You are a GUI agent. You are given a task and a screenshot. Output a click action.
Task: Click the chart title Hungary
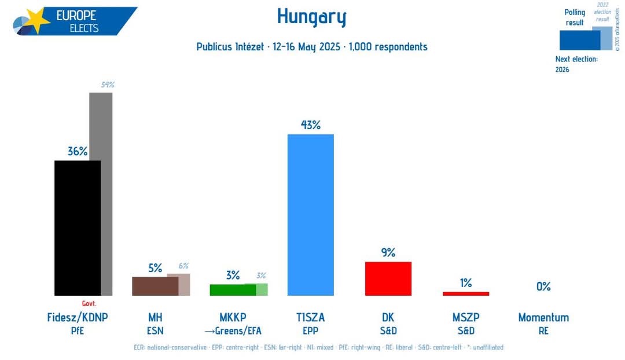point(311,17)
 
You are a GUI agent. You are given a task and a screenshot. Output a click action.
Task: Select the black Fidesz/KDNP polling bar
point(78,228)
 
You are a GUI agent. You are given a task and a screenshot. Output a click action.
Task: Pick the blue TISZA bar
point(311,215)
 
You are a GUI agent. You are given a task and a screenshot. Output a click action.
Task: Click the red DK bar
point(388,278)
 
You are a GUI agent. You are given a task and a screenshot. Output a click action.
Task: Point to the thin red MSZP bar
point(466,293)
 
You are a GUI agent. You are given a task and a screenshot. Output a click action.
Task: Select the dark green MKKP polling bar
point(233,290)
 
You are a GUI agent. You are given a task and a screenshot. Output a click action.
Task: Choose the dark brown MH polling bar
point(155,286)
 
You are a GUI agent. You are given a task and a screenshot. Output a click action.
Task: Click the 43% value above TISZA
point(311,124)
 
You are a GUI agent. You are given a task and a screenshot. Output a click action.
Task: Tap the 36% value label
point(78,151)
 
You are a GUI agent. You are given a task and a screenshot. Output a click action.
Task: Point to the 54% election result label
point(108,85)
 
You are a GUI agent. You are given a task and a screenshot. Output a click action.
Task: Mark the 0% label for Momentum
point(543,286)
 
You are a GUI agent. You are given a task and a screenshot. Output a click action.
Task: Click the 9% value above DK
point(388,252)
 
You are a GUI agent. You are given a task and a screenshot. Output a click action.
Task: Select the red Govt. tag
point(89,303)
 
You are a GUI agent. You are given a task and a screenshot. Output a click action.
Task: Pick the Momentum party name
point(543,317)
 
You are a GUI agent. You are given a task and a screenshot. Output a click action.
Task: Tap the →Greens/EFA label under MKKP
point(233,331)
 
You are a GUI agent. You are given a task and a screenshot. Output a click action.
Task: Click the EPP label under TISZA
point(311,331)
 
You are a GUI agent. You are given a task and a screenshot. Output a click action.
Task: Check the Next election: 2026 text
point(576,64)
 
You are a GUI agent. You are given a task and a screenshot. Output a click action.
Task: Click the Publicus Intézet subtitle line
point(311,47)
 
